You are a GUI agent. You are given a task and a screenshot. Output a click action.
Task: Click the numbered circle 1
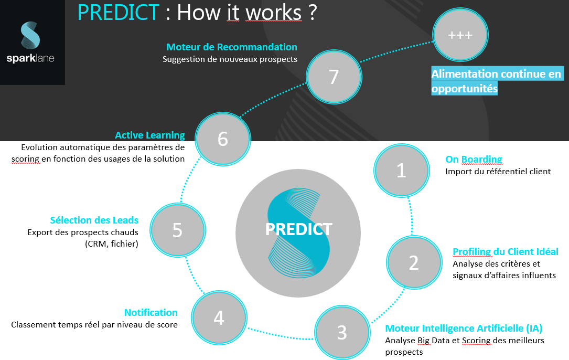tap(402, 171)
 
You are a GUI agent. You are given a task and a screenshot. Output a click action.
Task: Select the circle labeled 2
tap(414, 262)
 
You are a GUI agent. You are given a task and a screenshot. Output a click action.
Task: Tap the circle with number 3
tap(342, 332)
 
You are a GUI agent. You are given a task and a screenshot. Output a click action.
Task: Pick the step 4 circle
tap(219, 318)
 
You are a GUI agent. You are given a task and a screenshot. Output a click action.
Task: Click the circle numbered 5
tap(177, 230)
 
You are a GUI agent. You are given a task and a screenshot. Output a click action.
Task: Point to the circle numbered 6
tap(223, 139)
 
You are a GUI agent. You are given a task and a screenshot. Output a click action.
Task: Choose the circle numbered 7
tap(334, 77)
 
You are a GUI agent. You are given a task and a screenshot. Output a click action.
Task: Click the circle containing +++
tap(460, 35)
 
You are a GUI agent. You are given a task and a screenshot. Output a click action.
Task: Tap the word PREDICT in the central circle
tap(298, 229)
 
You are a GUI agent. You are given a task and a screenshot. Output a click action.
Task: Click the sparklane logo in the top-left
tap(30, 42)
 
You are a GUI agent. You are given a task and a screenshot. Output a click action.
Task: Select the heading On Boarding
tap(474, 159)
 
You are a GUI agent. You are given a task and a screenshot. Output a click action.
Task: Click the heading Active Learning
tap(150, 135)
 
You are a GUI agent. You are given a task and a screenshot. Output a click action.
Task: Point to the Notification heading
tap(151, 312)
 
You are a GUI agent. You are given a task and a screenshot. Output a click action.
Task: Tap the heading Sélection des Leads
tap(94, 220)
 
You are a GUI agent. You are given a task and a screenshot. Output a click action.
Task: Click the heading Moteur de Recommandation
tap(231, 47)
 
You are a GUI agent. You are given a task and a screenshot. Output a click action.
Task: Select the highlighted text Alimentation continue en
tap(496, 74)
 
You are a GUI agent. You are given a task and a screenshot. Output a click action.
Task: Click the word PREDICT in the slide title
tap(119, 13)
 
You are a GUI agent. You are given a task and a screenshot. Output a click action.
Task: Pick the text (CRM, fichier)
tap(112, 243)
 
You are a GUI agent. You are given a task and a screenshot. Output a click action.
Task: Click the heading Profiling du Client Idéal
tap(506, 251)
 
